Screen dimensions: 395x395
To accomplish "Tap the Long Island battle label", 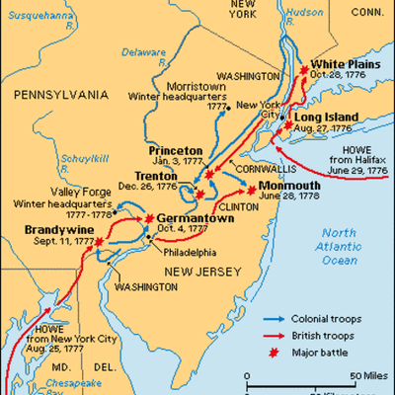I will coord(327,117).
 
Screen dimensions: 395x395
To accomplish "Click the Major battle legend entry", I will coord(315,352).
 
